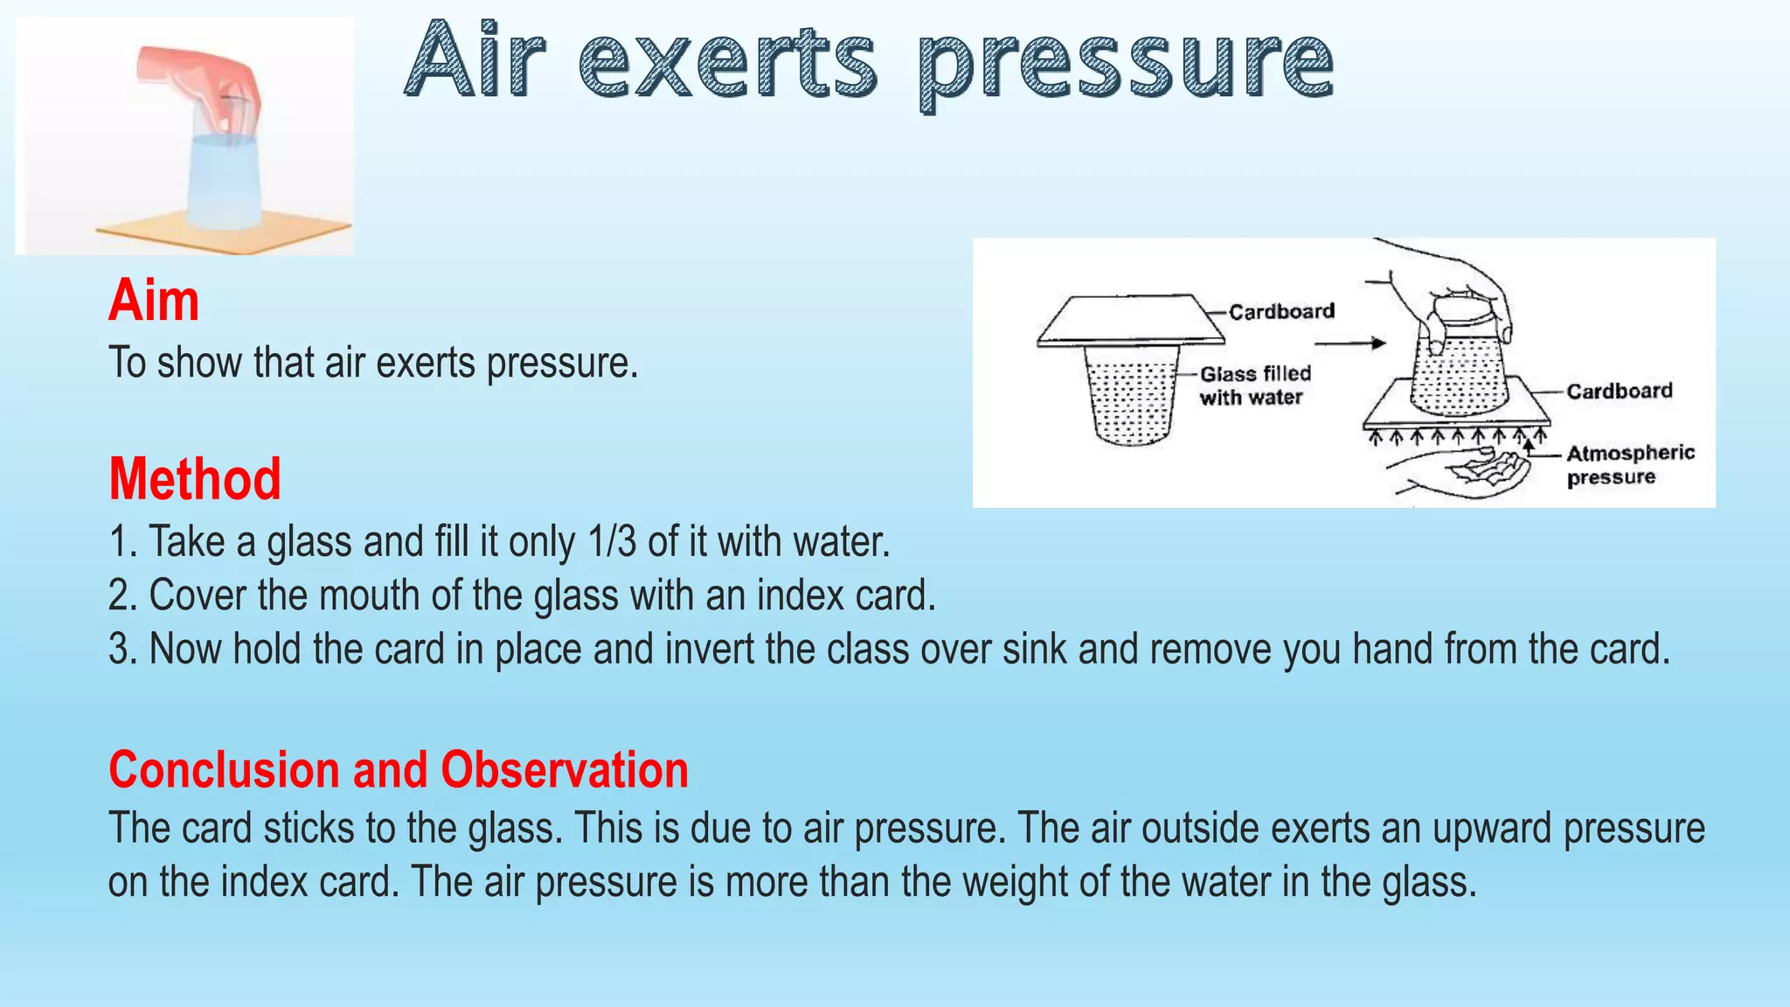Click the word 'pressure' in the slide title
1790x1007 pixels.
(1126, 63)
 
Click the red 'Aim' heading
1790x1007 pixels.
(154, 301)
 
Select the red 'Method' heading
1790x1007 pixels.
(195, 479)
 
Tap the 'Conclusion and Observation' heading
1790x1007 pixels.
(399, 770)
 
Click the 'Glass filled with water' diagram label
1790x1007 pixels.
(1254, 385)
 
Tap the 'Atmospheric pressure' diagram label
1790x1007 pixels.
(1629, 465)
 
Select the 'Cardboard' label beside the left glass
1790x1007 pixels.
(1281, 312)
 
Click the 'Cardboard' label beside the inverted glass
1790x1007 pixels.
(1619, 392)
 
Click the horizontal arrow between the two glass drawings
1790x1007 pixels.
(1350, 344)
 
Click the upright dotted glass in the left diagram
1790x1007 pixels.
(1132, 393)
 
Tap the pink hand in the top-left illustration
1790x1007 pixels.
(203, 79)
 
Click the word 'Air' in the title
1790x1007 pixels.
(476, 63)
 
